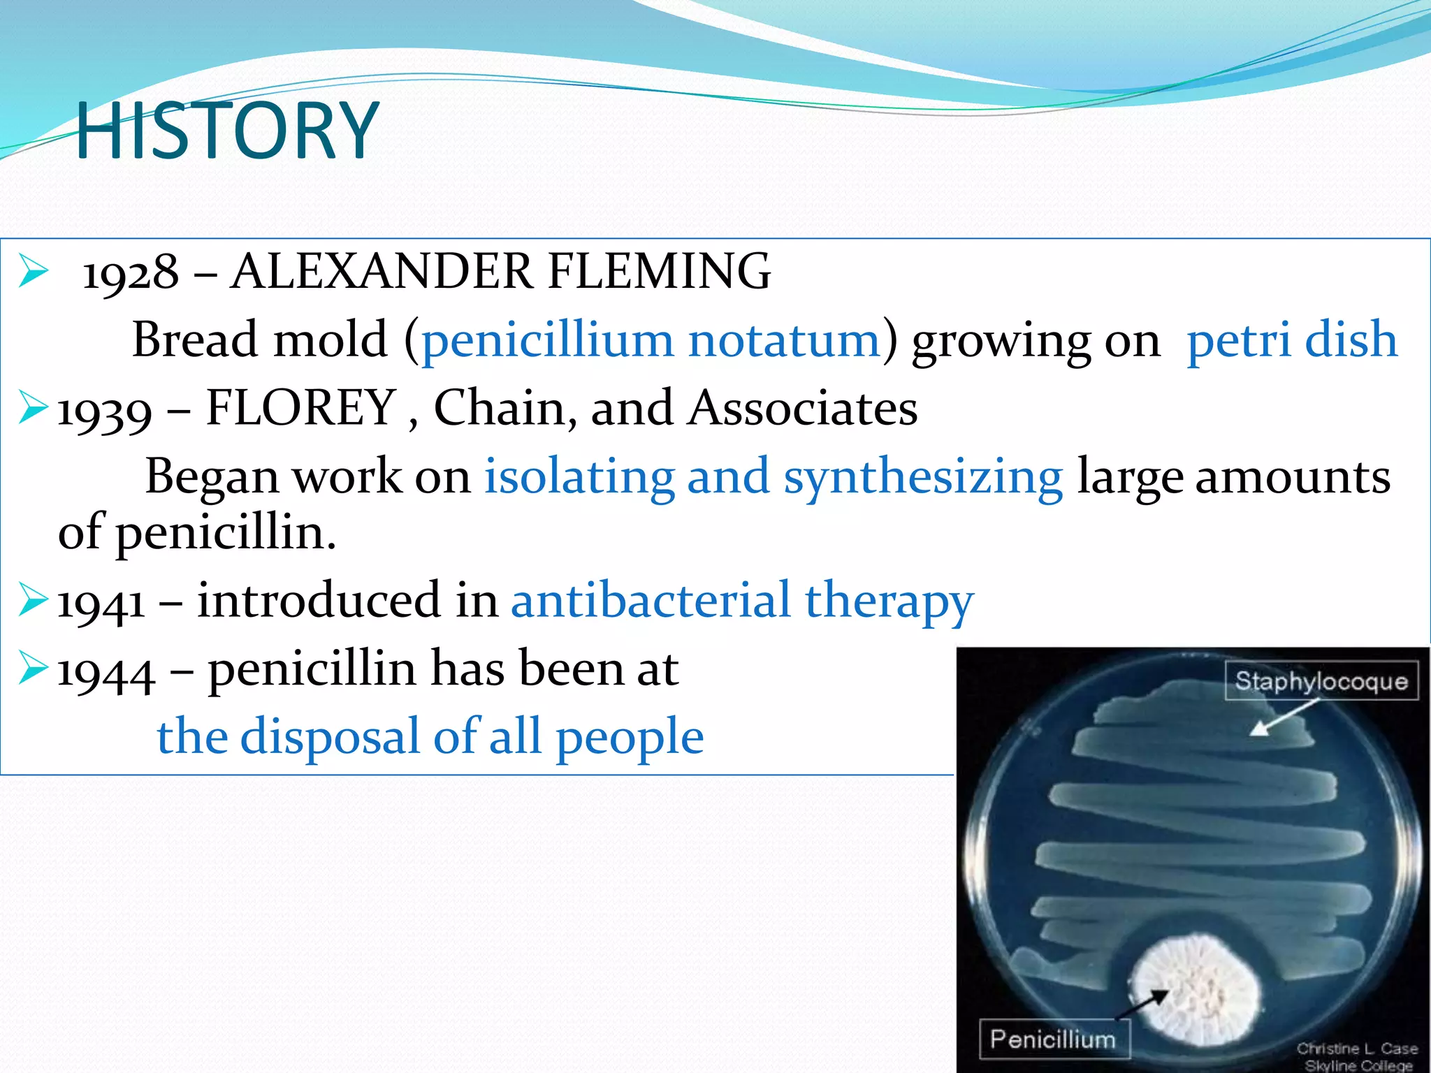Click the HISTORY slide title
[x=227, y=131]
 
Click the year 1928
[x=130, y=272]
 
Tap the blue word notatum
[x=784, y=340]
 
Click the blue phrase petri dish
[x=1292, y=340]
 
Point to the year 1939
[x=104, y=410]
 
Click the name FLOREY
[x=301, y=408]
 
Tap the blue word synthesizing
[x=922, y=478]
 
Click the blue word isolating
[x=579, y=478]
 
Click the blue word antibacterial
[x=651, y=601]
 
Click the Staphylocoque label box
[x=1321, y=680]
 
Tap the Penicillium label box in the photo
[x=1053, y=1039]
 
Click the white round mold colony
[x=1196, y=988]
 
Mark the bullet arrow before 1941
[x=33, y=599]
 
